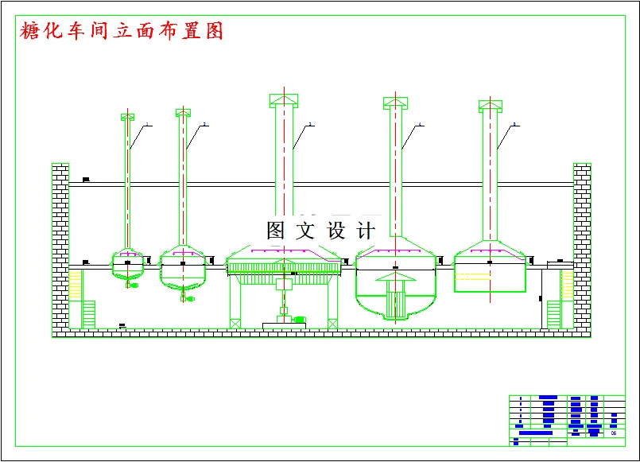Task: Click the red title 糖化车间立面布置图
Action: click(x=121, y=31)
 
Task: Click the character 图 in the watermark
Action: click(x=276, y=231)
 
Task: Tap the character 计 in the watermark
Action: click(x=367, y=231)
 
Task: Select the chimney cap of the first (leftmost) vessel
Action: click(x=127, y=117)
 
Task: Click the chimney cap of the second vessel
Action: click(x=184, y=112)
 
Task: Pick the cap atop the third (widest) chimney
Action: click(x=284, y=99)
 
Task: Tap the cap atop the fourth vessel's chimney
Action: click(x=395, y=102)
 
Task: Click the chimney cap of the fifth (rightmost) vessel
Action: click(x=491, y=105)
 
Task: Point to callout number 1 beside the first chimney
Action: click(x=147, y=124)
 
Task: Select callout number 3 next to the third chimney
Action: click(x=310, y=124)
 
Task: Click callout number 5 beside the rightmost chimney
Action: click(x=515, y=124)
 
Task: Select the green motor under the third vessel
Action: click(x=299, y=319)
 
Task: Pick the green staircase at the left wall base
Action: click(x=88, y=314)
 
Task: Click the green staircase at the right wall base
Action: click(x=553, y=314)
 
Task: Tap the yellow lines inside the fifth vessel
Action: click(x=472, y=277)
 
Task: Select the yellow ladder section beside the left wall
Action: click(x=76, y=285)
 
